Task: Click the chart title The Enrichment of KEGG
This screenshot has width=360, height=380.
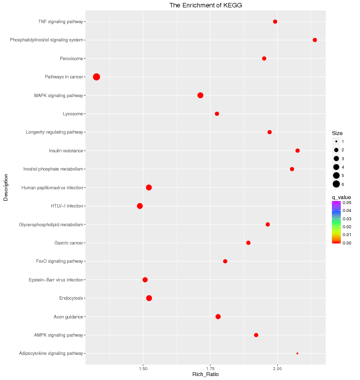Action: click(206, 5)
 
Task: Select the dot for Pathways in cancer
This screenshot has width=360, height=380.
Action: click(97, 77)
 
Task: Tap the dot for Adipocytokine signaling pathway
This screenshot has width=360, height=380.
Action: click(297, 353)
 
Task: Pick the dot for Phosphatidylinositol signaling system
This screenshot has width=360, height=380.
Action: click(315, 40)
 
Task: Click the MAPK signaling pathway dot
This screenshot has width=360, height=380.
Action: click(200, 95)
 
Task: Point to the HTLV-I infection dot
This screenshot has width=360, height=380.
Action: click(140, 206)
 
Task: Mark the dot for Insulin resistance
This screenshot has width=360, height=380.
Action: click(297, 151)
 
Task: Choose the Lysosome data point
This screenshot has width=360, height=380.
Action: click(217, 114)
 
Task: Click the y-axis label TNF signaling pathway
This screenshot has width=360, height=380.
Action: click(61, 22)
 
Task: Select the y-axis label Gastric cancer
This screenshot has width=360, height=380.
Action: click(69, 243)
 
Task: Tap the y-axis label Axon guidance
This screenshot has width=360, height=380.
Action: click(68, 316)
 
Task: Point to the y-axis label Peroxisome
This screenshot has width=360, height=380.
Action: click(72, 59)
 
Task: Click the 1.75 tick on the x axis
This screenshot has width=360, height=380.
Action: click(211, 369)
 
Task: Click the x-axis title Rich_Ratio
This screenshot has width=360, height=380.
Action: click(205, 375)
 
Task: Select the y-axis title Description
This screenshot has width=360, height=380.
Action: click(6, 187)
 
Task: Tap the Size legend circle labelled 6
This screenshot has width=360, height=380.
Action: click(336, 184)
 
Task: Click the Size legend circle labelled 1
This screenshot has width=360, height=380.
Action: click(336, 141)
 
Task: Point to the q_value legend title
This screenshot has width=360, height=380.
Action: click(341, 197)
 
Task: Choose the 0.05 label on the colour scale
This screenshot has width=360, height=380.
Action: click(347, 203)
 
